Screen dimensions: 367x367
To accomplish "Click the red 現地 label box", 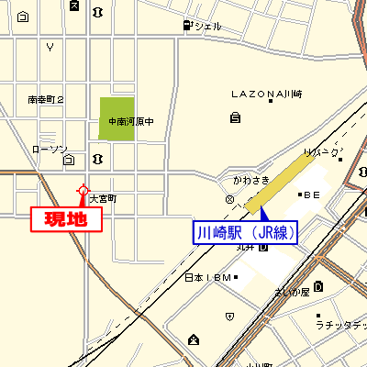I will click(67, 219).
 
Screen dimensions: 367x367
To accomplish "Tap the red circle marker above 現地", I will click(84, 192).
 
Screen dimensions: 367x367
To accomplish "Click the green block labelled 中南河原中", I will click(117, 118).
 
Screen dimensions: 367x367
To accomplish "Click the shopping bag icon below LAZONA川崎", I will click(236, 117).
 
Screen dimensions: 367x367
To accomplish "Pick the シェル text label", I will click(208, 26).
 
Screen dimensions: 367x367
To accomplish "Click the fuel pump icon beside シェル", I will click(187, 25).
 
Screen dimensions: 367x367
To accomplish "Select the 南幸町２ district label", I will click(45, 99).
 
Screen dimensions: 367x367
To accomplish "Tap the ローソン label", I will click(50, 149).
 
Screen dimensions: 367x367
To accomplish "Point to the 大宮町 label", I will click(103, 198).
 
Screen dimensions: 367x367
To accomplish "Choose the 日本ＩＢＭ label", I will click(206, 277).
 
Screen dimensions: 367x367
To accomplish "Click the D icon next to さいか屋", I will click(317, 287).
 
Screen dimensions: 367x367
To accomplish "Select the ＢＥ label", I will click(312, 195).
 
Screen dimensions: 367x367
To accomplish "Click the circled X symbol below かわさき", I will click(229, 199).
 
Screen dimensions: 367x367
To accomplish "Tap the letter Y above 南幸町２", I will click(48, 44).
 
